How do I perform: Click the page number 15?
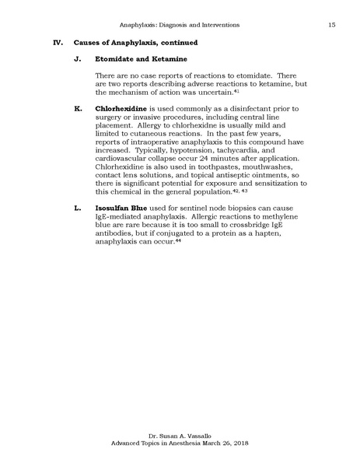(x=331, y=26)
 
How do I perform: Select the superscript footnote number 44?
(x=178, y=240)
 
